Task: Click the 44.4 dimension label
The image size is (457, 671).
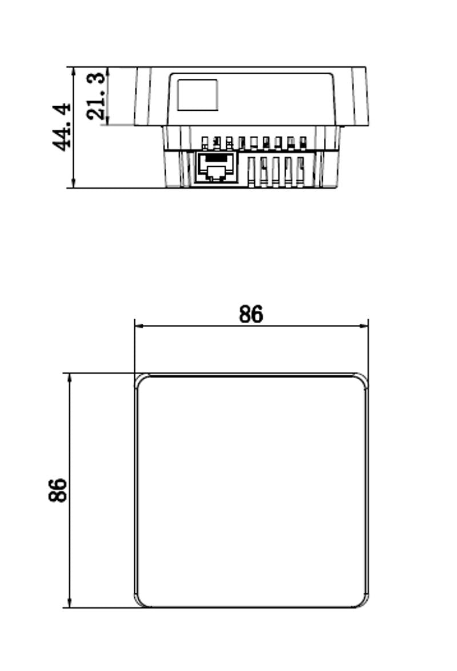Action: (x=62, y=127)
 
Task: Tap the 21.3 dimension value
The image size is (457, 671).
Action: (x=95, y=96)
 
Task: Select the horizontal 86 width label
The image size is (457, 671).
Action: (x=251, y=314)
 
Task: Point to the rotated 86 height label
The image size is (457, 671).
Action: (x=57, y=490)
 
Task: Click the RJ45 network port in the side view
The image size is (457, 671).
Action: (x=217, y=167)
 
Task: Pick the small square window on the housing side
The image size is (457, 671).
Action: (x=198, y=95)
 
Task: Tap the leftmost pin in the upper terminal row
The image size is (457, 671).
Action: (x=205, y=143)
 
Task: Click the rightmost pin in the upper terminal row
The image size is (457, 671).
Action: (x=303, y=143)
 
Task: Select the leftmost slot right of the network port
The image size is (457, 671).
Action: (x=251, y=172)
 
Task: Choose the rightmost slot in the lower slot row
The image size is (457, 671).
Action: (x=300, y=172)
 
